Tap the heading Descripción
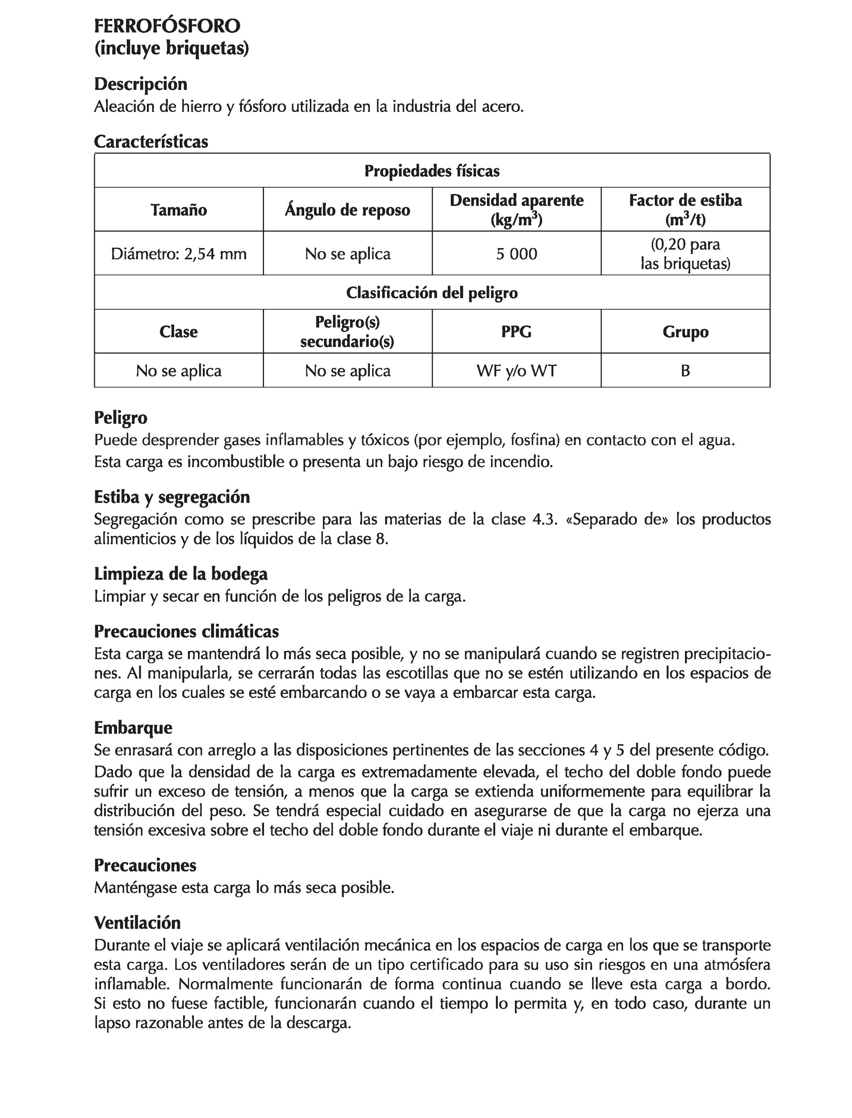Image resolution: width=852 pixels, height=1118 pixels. [140, 84]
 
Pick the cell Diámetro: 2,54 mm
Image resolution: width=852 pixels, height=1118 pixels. [179, 254]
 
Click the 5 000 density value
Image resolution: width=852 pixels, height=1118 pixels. [516, 254]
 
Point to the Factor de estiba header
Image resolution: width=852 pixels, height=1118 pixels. [685, 201]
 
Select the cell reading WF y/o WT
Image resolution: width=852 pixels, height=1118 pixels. [516, 371]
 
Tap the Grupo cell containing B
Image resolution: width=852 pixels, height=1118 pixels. [685, 371]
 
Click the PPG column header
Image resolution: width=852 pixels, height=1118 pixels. [516, 332]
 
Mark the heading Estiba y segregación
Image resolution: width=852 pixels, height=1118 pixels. [172, 497]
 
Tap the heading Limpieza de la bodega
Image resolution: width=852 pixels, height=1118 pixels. [181, 574]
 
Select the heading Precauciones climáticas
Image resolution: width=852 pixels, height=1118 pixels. [186, 631]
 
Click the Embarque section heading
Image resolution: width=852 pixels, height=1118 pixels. [133, 728]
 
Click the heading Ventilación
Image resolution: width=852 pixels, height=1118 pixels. [137, 922]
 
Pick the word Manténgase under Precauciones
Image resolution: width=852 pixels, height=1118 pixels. [135, 888]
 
